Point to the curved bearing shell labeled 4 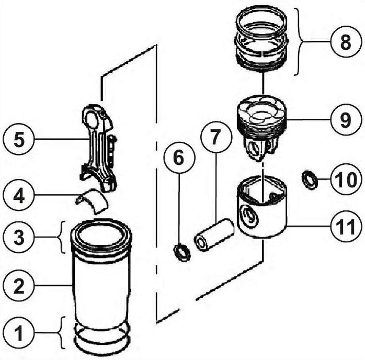click(x=91, y=200)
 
